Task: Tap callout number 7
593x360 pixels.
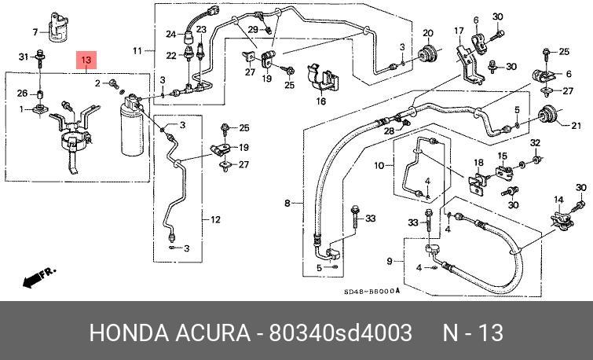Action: click(x=35, y=31)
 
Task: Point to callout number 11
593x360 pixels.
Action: click(x=138, y=51)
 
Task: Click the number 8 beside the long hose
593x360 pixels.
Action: click(x=287, y=204)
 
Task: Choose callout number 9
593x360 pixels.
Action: click(x=390, y=261)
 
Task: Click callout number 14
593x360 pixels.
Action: click(x=559, y=199)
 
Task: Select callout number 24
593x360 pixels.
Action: click(x=170, y=33)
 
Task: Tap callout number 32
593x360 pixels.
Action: click(x=535, y=142)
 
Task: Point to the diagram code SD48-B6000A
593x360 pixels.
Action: click(x=371, y=292)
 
